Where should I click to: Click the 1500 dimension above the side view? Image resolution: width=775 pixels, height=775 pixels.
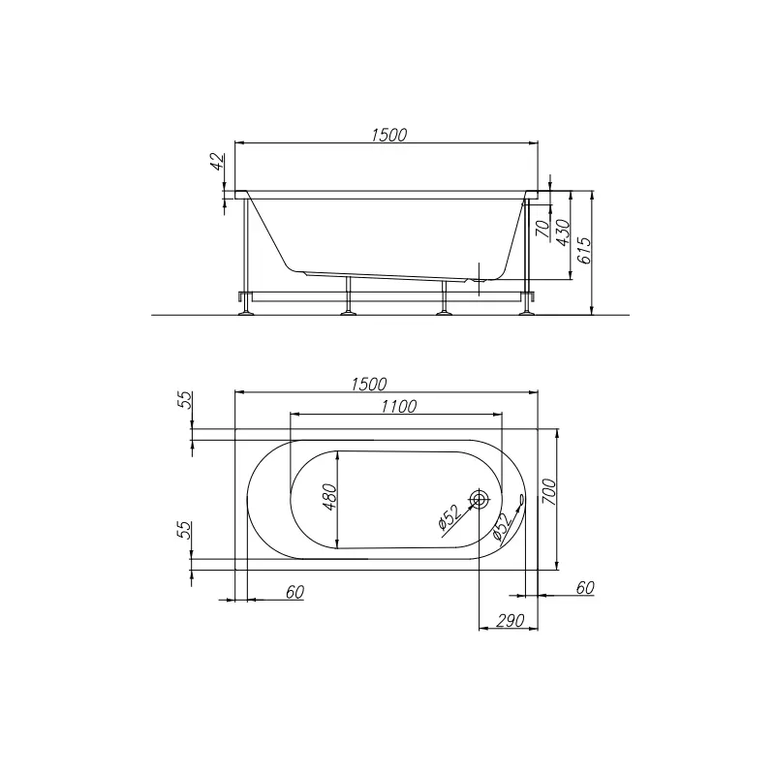coord(389,135)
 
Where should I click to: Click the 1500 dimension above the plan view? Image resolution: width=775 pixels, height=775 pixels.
coord(369,384)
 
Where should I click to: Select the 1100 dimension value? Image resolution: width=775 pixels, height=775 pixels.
coord(399,406)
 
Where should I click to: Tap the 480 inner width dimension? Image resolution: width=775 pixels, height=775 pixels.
coord(329,497)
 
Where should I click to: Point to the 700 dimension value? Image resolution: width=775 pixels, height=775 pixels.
coord(549,492)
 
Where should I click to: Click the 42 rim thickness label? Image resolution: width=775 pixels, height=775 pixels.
coord(217,162)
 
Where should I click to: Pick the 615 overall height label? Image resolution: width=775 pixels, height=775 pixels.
coord(584,251)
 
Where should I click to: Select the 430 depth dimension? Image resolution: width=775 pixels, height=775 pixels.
coord(563,232)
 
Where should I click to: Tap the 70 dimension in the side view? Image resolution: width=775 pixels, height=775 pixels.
coord(542,229)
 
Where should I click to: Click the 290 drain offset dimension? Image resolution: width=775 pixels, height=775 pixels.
coord(510,620)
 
